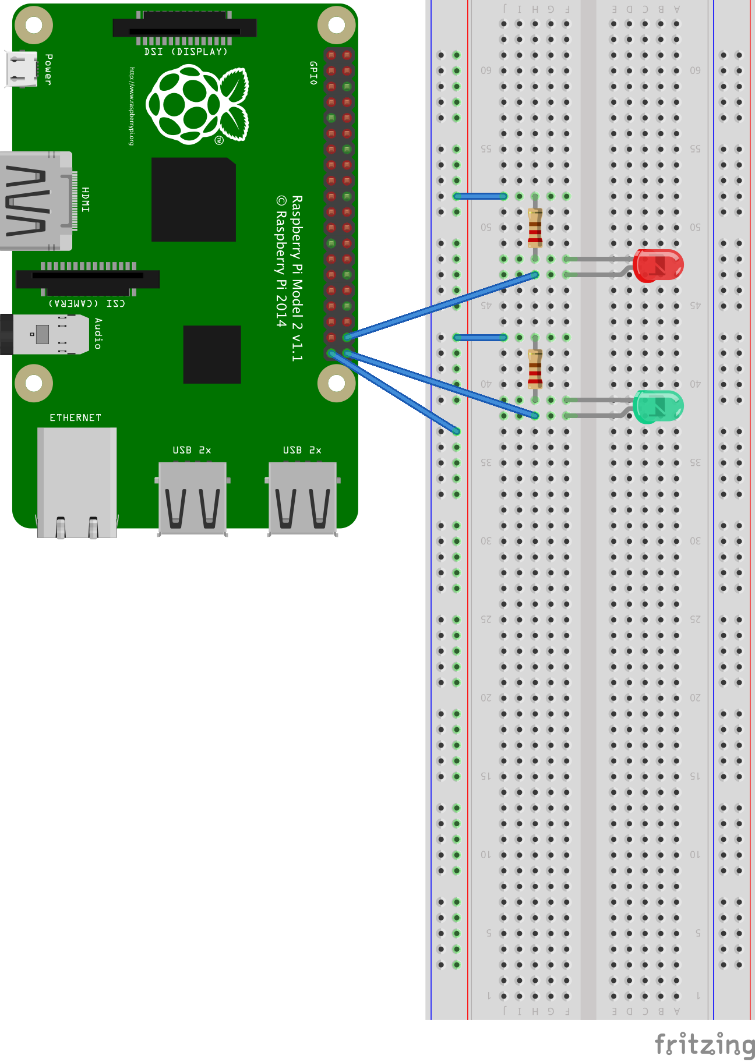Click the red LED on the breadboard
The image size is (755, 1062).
[x=658, y=265]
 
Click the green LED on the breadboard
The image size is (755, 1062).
[x=658, y=406]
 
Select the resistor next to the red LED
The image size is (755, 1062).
[x=535, y=228]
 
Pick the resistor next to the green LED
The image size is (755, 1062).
[x=535, y=369]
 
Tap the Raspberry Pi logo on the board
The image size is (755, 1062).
[x=197, y=104]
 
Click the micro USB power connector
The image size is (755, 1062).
[x=22, y=69]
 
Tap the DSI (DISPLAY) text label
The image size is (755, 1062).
[x=186, y=52]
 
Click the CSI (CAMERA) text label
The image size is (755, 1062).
[x=87, y=303]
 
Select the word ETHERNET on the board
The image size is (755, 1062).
[x=75, y=417]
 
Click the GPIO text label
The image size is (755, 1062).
[x=313, y=73]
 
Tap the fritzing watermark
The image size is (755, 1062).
[x=704, y=1043]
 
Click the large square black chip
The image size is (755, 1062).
[x=193, y=200]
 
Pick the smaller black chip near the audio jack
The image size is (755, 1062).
[x=212, y=355]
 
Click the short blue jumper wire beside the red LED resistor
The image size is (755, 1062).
[x=479, y=196]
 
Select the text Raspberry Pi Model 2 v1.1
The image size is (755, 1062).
[x=297, y=278]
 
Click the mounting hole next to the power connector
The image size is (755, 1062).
[x=34, y=25]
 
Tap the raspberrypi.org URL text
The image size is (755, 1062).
[x=132, y=107]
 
